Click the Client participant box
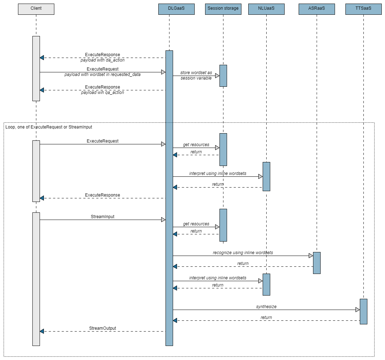tap(36, 9)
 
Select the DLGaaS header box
tap(176, 9)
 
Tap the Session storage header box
tap(223, 9)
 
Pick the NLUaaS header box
tap(266, 9)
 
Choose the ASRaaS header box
tap(317, 9)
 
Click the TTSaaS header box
tap(363, 9)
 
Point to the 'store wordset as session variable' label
tap(196, 75)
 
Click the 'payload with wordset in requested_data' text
tap(103, 75)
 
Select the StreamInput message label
tap(103, 217)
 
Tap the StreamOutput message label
tap(103, 328)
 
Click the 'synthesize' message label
tap(266, 307)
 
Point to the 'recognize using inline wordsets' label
tap(243, 253)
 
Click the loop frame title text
tap(49, 127)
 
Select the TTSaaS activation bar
tap(363, 311)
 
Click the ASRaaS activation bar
tap(317, 263)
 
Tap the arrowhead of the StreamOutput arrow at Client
tap(42, 331)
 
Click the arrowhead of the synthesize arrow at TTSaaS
tap(357, 310)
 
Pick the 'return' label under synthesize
tap(266, 318)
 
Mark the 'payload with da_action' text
tap(103, 60)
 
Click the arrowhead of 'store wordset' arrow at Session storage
tap(217, 76)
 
